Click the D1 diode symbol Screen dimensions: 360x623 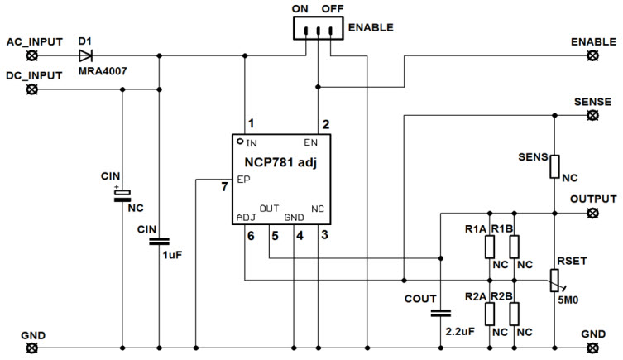85,56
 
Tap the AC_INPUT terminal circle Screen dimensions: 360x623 32,56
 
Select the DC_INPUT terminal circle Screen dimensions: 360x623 32,90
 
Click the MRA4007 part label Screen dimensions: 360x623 98,72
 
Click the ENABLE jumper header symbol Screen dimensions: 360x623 316,28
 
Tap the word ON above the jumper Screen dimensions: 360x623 300,8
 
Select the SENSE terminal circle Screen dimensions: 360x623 592,115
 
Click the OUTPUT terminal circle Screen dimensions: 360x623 592,213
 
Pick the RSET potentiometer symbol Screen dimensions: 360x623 554,280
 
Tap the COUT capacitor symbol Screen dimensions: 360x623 439,313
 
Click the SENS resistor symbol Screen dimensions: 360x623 554,166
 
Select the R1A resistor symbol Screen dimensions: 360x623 490,247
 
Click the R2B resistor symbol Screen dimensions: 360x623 515,314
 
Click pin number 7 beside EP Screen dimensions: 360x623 224,186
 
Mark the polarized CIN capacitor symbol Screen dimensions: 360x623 122,194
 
